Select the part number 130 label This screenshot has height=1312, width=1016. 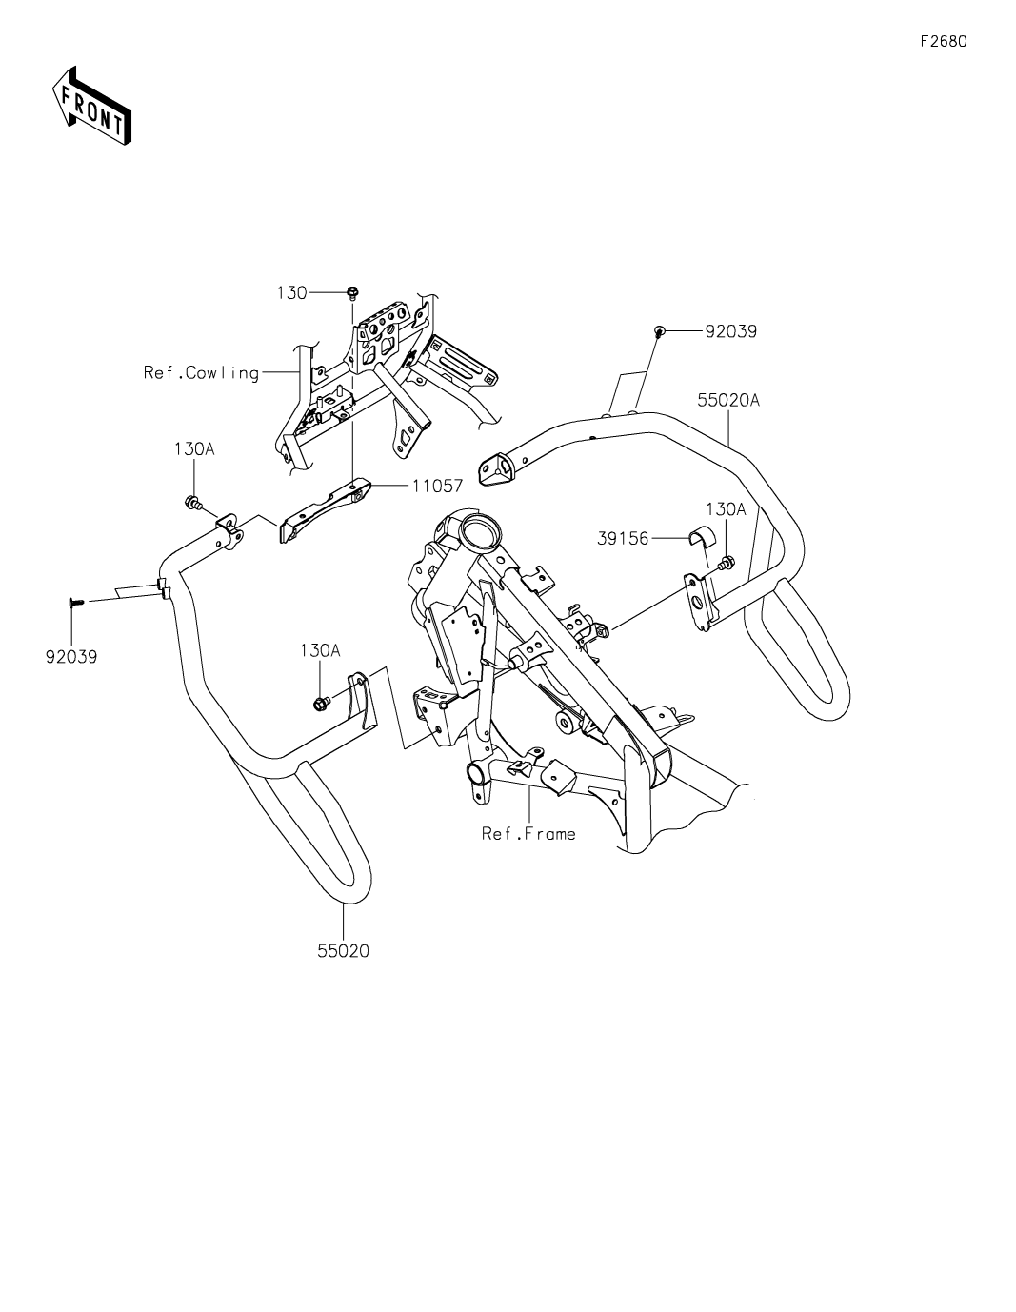click(x=292, y=293)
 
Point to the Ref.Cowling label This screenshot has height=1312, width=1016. click(x=202, y=373)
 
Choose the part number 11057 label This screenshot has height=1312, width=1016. click(x=437, y=486)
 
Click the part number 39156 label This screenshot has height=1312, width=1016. click(x=623, y=539)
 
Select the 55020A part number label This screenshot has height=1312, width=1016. click(x=728, y=401)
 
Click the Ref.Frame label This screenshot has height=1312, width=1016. click(x=528, y=834)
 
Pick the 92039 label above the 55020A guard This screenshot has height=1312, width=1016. click(x=730, y=331)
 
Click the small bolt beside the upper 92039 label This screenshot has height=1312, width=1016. click(x=658, y=330)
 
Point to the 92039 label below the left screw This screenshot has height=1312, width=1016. click(x=71, y=657)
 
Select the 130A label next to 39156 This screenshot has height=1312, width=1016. click(x=726, y=510)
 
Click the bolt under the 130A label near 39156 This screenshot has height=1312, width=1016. click(x=727, y=565)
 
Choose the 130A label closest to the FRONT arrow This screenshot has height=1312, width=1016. click(x=194, y=448)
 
